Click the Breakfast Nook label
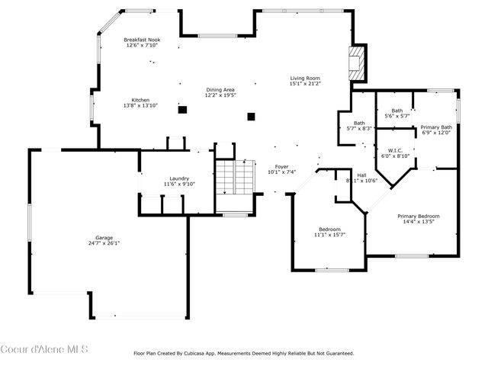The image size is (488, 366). [143, 40]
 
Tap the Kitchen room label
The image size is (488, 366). [140, 100]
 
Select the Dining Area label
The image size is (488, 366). [220, 89]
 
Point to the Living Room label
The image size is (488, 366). [304, 78]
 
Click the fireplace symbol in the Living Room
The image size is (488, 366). [356, 64]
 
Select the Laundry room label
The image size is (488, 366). [179, 178]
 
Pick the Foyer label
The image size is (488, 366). [281, 166]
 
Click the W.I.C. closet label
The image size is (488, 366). [396, 150]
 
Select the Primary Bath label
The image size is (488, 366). [436, 127]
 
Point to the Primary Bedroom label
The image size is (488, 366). [418, 216]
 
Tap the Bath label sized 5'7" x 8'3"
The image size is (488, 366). [359, 123]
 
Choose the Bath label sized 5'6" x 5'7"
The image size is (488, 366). [396, 111]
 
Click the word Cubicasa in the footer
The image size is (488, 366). [204, 353]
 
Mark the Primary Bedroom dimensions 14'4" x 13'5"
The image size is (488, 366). [418, 222]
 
